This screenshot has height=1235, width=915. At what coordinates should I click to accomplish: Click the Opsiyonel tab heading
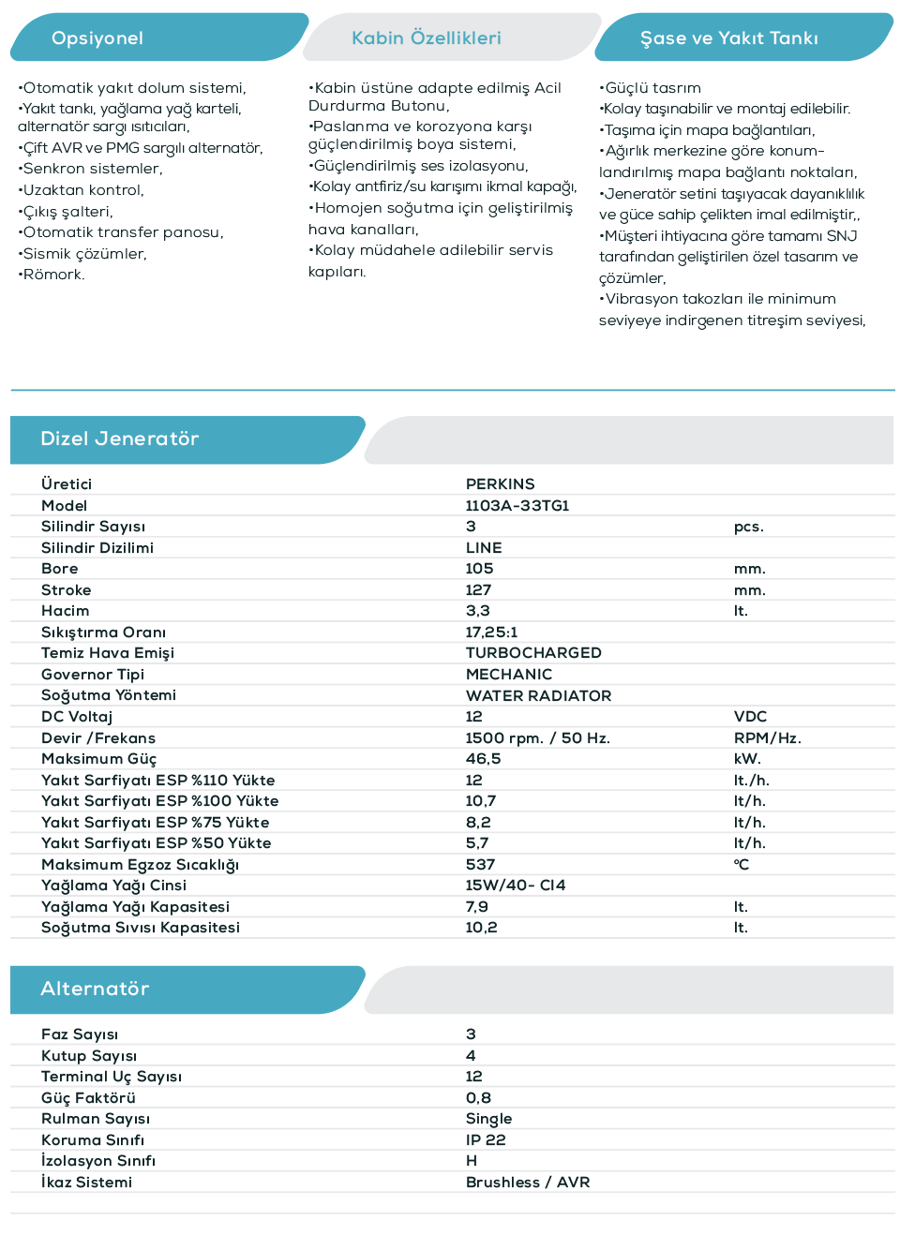[97, 38]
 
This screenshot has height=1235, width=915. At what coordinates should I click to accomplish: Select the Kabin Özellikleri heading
[427, 38]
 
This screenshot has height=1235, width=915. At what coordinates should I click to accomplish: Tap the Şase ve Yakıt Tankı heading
[728, 38]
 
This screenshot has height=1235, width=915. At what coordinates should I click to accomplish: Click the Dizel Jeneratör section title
[120, 439]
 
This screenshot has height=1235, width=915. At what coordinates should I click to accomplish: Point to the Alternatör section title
[95, 989]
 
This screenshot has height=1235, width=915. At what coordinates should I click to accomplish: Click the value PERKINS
[500, 484]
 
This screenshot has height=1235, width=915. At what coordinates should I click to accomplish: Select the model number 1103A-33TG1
[517, 506]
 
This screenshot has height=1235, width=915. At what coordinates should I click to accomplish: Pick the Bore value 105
[479, 569]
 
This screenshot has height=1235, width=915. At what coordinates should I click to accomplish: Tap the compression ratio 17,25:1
[491, 632]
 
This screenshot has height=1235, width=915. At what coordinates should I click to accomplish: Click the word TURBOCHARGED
[533, 653]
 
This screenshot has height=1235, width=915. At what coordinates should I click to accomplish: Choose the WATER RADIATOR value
[538, 696]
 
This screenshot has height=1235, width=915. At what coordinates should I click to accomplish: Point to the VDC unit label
[750, 717]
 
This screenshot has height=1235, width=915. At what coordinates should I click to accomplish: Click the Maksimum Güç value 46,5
[483, 759]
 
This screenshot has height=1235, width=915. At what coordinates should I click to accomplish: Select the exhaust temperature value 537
[480, 865]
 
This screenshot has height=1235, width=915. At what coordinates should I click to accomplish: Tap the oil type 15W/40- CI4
[516, 885]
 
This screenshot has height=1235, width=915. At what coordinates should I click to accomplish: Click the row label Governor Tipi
[93, 675]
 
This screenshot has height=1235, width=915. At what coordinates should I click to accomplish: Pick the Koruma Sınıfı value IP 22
[486, 1140]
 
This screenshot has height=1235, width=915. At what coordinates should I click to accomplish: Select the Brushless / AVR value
[528, 1183]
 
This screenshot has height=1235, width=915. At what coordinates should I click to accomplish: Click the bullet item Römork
[53, 275]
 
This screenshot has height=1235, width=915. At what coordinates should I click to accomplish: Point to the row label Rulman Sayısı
[96, 1119]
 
